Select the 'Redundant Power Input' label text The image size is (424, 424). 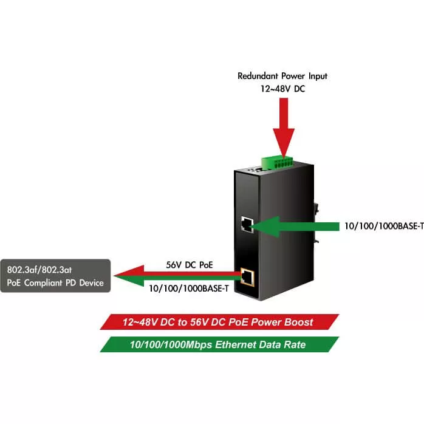coord(282,77)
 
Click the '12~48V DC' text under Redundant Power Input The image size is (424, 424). coord(282,89)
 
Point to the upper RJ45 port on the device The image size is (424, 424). coord(247,224)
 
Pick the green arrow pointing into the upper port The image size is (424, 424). coord(292,226)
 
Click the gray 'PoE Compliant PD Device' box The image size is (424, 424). coord(55,276)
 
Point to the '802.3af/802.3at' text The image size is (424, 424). coord(38,269)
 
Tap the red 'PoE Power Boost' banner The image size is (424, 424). coord(219,322)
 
